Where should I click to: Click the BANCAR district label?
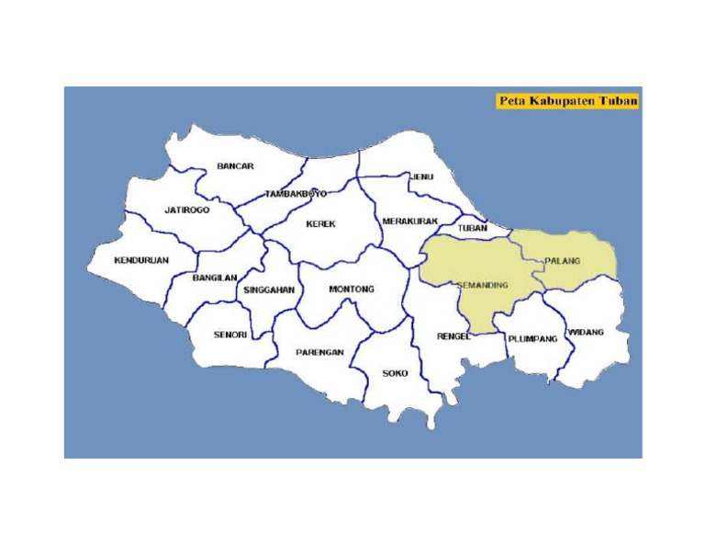pyautogui.click(x=235, y=166)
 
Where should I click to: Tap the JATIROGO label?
pyautogui.click(x=187, y=210)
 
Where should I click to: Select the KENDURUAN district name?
pyautogui.click(x=141, y=260)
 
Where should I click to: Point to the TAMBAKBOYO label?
pyautogui.click(x=296, y=194)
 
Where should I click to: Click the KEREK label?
pyautogui.click(x=320, y=223)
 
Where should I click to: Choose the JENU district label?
pyautogui.click(x=421, y=176)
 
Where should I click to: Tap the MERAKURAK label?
pyautogui.click(x=409, y=222)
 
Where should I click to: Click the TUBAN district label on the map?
pyautogui.click(x=472, y=227)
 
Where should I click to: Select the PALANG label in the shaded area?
pyautogui.click(x=563, y=261)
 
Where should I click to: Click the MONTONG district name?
pyautogui.click(x=352, y=289)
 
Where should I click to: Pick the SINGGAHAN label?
pyautogui.click(x=269, y=290)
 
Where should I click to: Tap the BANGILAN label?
pyautogui.click(x=216, y=277)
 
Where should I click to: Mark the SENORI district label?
pyautogui.click(x=229, y=335)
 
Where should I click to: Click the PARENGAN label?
pyautogui.click(x=319, y=352)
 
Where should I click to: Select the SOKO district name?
pyautogui.click(x=395, y=373)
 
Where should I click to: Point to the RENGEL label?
pyautogui.click(x=453, y=336)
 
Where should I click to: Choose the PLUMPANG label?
pyautogui.click(x=532, y=338)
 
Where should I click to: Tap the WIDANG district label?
pyautogui.click(x=587, y=332)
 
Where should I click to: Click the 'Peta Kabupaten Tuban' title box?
pyautogui.click(x=567, y=100)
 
